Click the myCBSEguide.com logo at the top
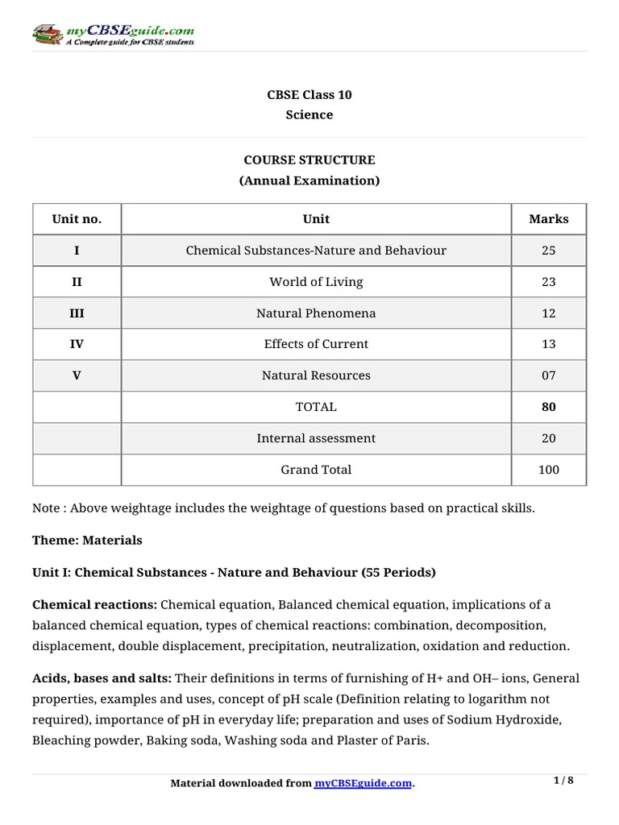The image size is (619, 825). (113, 35)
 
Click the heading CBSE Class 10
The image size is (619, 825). (309, 94)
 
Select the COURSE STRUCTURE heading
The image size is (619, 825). (309, 160)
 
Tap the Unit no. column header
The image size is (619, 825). (77, 218)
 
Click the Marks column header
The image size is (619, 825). (548, 218)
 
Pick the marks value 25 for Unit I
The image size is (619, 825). (548, 251)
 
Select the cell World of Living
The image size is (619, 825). (316, 282)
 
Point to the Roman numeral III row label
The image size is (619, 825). (77, 313)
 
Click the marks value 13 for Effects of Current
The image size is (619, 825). (548, 344)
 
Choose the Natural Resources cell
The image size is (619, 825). (316, 375)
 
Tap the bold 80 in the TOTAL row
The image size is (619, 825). (548, 407)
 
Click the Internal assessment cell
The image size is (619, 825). (316, 438)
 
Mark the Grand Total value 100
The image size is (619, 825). (548, 470)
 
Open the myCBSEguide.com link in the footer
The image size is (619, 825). (363, 783)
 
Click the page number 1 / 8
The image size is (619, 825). (564, 781)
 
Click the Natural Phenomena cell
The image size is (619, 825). (316, 313)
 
